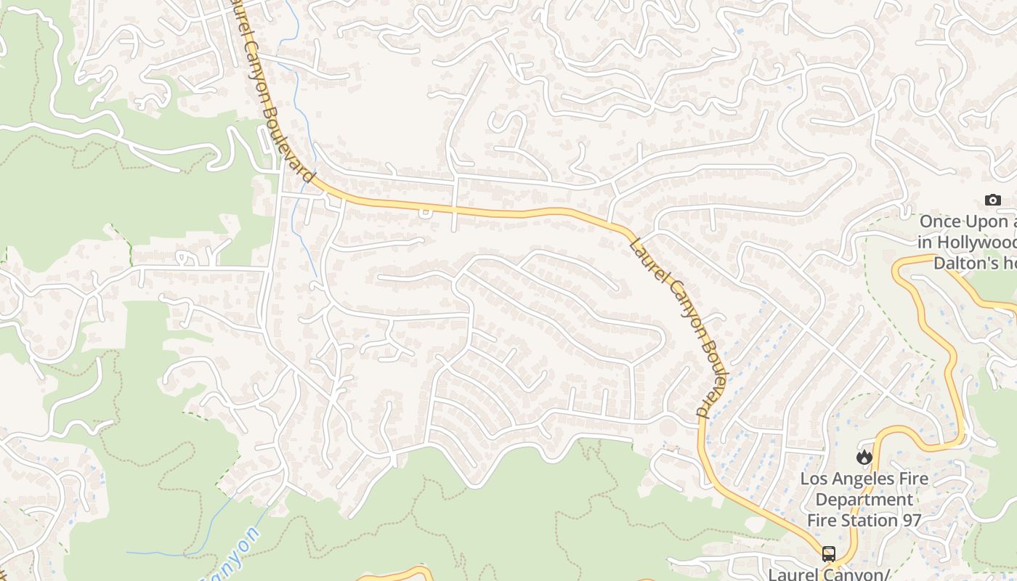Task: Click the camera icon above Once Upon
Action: coord(992,200)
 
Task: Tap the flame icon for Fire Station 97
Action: coord(864,457)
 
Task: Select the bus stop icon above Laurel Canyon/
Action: coord(829,554)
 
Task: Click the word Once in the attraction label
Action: coord(941,222)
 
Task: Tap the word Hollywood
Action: coord(977,242)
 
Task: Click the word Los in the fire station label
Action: coord(814,479)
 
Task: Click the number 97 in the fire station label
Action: coord(912,520)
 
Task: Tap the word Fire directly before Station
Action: coord(822,520)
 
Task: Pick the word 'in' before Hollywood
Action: coord(924,242)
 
